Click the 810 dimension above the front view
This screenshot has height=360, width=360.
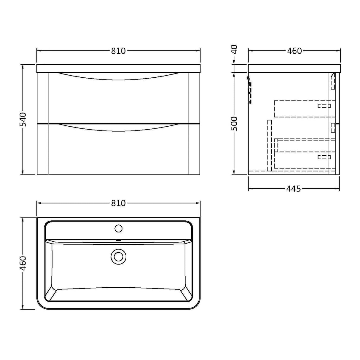click(x=118, y=51)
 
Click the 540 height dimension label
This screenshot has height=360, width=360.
click(x=23, y=119)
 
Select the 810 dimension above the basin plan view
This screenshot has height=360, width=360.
click(x=118, y=203)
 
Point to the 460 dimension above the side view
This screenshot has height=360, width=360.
click(x=294, y=51)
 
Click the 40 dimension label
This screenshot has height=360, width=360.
click(x=234, y=49)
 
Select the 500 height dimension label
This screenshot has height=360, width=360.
click(x=234, y=123)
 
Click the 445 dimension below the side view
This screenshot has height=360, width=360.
click(x=294, y=189)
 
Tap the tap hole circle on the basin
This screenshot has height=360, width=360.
click(x=118, y=228)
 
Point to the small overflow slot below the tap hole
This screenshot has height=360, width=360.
click(x=118, y=240)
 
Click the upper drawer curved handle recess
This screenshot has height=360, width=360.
click(x=118, y=77)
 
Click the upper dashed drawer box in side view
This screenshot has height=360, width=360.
click(x=304, y=109)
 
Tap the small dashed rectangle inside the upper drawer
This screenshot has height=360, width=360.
click(x=324, y=106)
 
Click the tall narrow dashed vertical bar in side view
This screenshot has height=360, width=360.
click(x=269, y=145)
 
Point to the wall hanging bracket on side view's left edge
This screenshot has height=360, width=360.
click(x=250, y=89)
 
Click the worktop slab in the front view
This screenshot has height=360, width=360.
click(x=118, y=68)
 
